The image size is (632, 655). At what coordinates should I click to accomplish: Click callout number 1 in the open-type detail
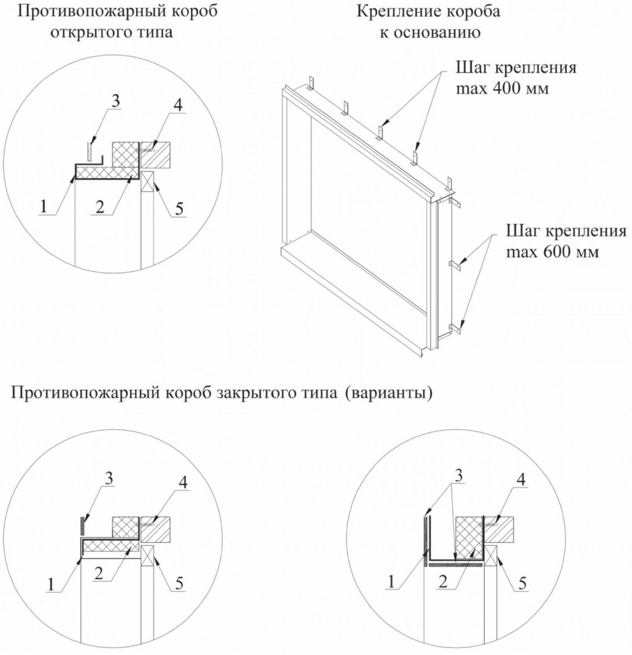pyautogui.click(x=44, y=207)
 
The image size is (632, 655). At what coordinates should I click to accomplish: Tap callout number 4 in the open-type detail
pyautogui.click(x=178, y=105)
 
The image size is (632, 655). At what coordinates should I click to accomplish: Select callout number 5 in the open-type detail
pyautogui.click(x=179, y=208)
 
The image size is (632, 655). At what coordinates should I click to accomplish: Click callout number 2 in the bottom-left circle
pyautogui.click(x=99, y=574)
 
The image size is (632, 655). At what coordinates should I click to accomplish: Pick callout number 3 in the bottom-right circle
pyautogui.click(x=459, y=475)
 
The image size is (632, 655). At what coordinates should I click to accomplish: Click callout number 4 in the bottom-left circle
pyautogui.click(x=183, y=482)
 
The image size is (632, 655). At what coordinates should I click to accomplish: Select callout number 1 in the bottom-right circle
pyautogui.click(x=391, y=582)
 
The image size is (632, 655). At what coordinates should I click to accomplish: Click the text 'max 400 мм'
pyautogui.click(x=502, y=88)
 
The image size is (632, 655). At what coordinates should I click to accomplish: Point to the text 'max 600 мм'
pyautogui.click(x=552, y=252)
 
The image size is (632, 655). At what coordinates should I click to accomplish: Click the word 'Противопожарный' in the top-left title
pyautogui.click(x=76, y=11)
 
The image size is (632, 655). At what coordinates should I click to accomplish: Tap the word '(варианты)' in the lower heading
pyautogui.click(x=389, y=393)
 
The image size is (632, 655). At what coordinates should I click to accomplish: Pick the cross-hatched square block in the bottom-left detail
pyautogui.click(x=126, y=528)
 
